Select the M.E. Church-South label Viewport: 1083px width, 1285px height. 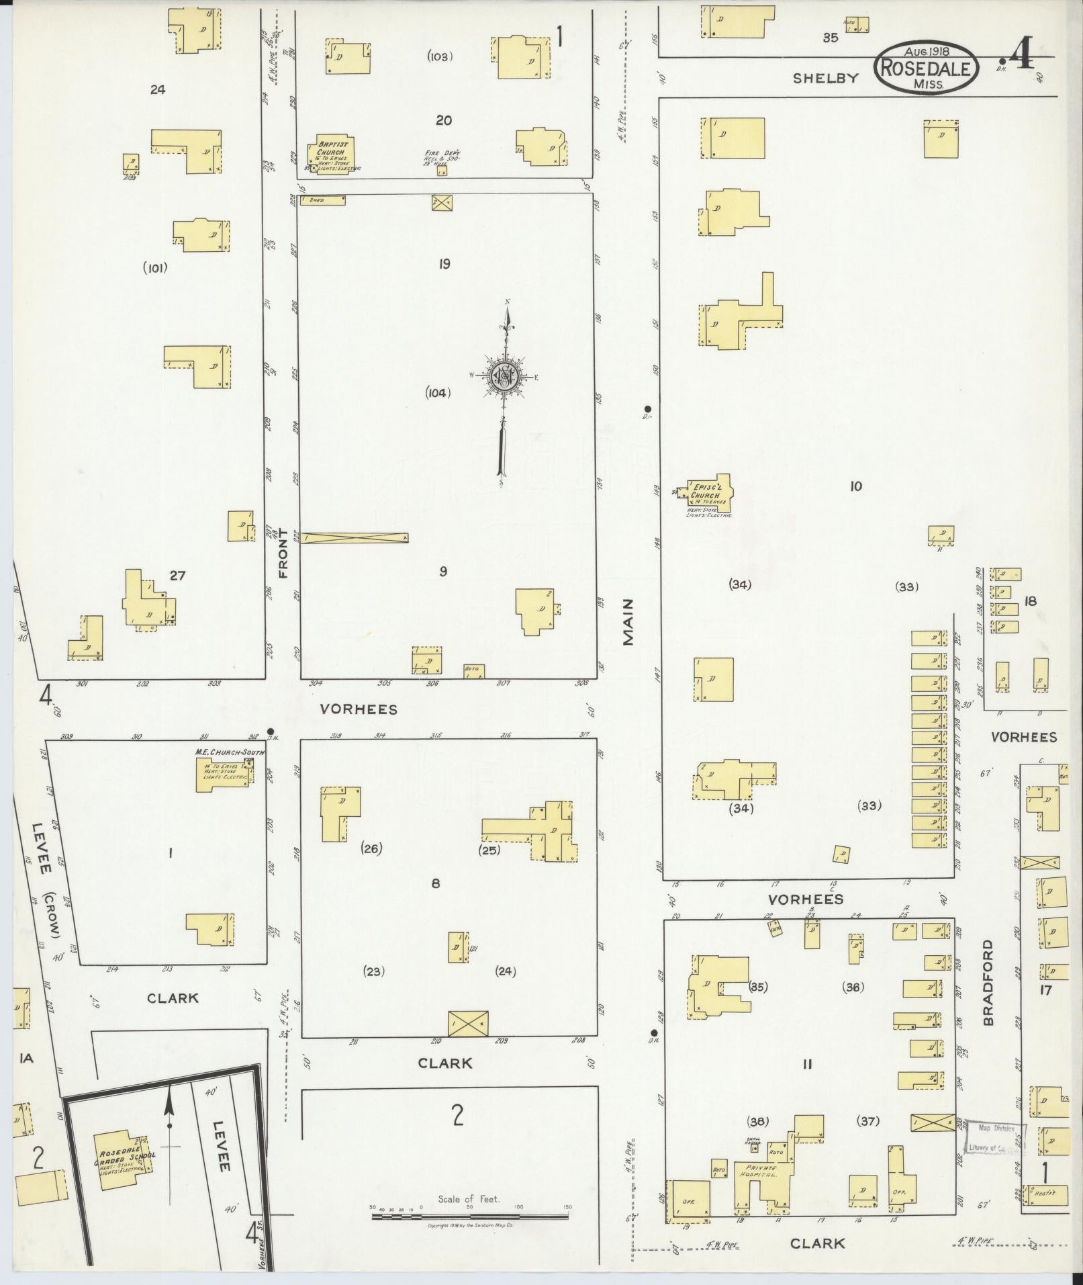click(229, 752)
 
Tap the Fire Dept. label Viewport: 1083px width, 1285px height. click(440, 155)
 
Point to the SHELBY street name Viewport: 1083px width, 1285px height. click(825, 78)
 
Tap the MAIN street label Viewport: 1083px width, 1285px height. click(628, 623)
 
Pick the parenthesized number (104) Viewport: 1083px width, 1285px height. click(437, 393)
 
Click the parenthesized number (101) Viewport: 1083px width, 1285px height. click(155, 268)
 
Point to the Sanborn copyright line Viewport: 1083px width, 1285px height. click(470, 1226)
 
